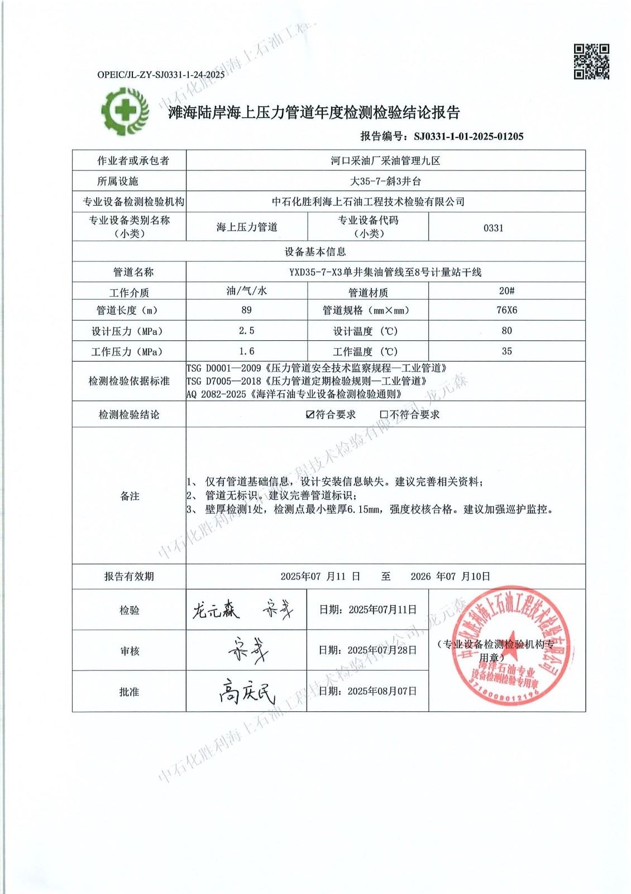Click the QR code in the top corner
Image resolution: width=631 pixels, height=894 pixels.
tap(591, 61)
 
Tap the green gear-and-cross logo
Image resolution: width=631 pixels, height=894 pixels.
tap(125, 111)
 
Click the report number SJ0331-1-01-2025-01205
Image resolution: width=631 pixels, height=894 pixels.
tap(468, 136)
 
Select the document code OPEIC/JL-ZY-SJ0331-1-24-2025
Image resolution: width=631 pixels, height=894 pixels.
tap(161, 74)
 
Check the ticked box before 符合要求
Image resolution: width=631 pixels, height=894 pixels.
tap(310, 415)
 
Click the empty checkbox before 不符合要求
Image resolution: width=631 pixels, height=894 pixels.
tap(384, 415)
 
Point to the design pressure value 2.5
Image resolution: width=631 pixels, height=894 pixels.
tap(246, 331)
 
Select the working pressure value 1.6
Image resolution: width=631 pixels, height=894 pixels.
tap(246, 351)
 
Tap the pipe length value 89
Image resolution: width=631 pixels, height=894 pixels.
tap(246, 310)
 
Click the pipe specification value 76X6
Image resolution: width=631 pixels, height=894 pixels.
tap(506, 310)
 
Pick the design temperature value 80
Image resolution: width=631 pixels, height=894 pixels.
tap(506, 331)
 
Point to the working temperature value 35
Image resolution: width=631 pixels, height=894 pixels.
tap(506, 351)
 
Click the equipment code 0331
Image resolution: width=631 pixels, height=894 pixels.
tap(494, 228)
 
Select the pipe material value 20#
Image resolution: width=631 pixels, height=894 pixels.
tap(506, 291)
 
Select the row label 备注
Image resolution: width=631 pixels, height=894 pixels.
tap(130, 496)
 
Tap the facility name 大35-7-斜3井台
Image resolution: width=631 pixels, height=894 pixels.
tap(385, 181)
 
